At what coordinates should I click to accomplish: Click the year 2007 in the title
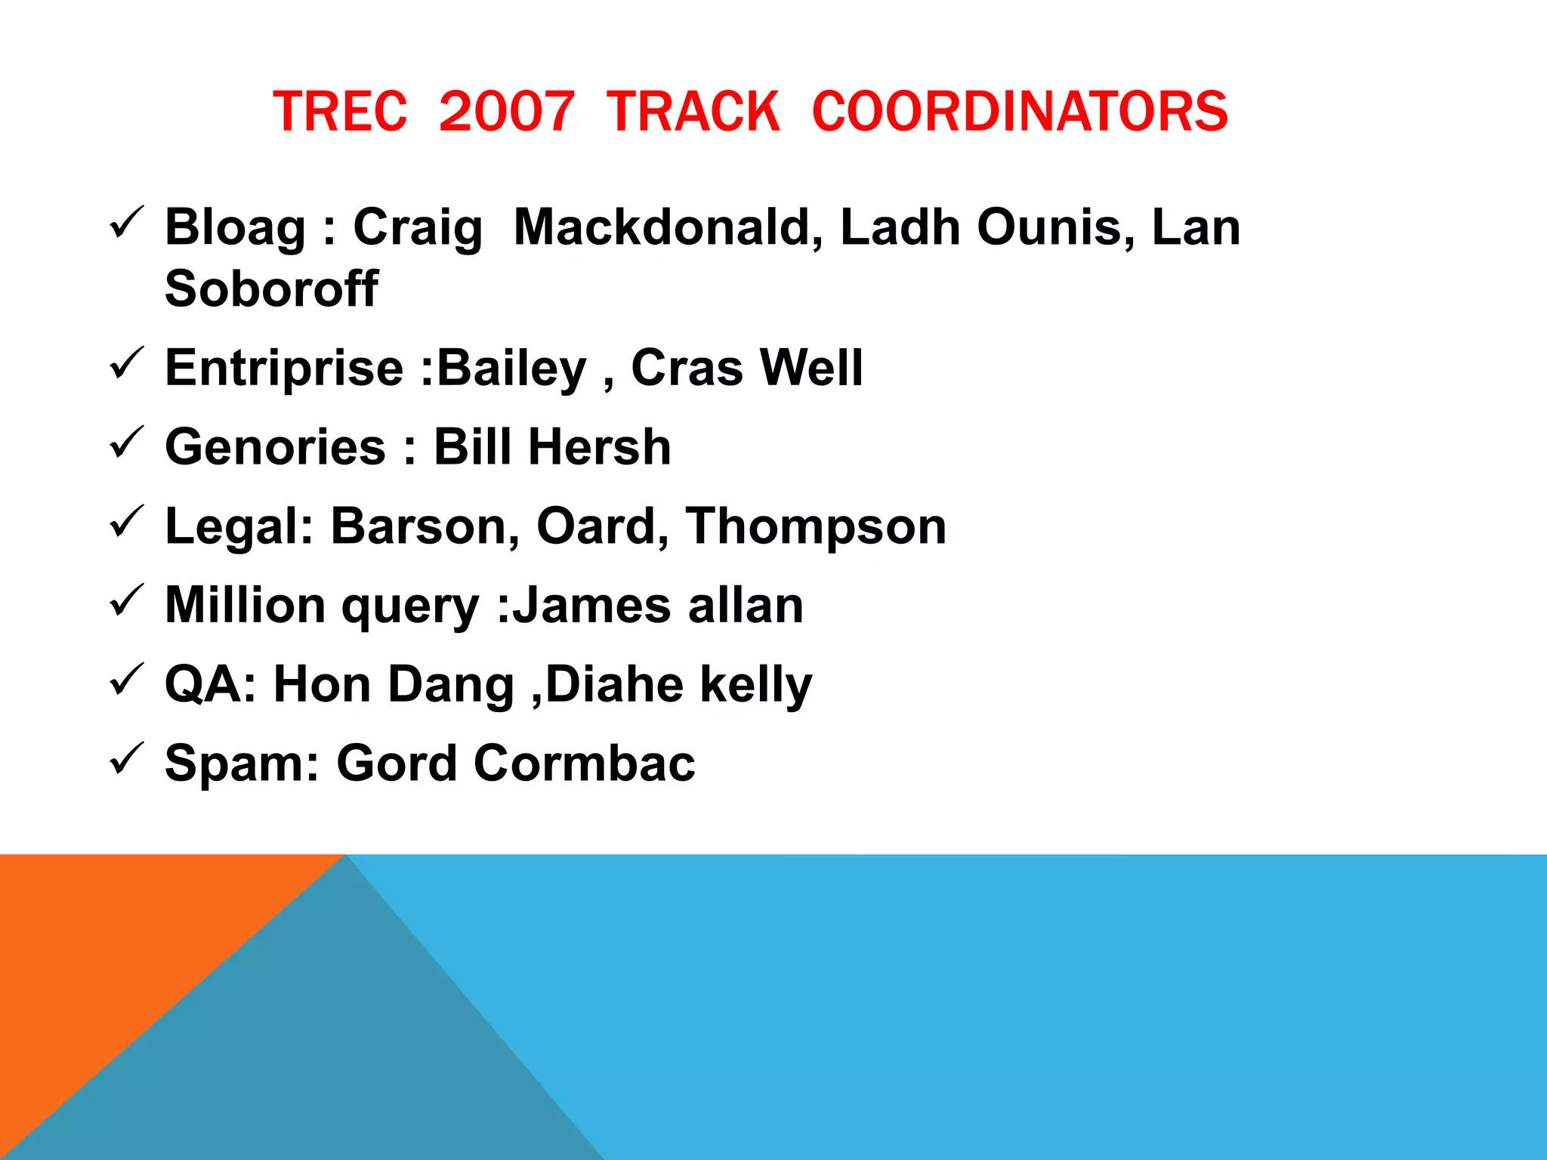506,112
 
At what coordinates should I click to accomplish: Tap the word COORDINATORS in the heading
1020,112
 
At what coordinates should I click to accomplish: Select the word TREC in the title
340,112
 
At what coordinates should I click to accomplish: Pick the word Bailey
512,369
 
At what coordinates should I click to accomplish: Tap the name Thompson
816,526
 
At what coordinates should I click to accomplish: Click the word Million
247,605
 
